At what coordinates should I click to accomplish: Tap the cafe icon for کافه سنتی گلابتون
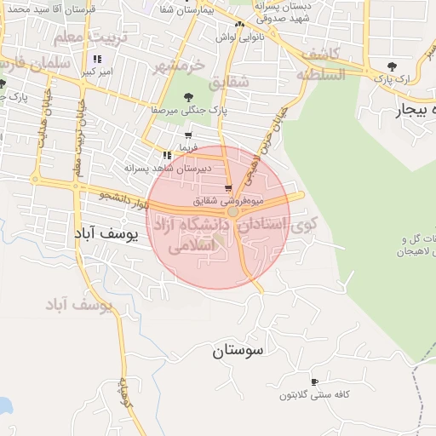[x=314, y=381]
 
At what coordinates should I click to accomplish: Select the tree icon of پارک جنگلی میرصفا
[x=188, y=96]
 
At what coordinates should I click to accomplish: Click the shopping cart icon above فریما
[x=187, y=135]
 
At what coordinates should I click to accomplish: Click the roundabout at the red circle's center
[x=232, y=210]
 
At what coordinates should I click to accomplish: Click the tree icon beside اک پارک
[x=392, y=66]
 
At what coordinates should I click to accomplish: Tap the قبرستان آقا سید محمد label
[x=54, y=9]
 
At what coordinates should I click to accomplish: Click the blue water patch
[x=4, y=404]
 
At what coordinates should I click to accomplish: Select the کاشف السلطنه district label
[x=321, y=64]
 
